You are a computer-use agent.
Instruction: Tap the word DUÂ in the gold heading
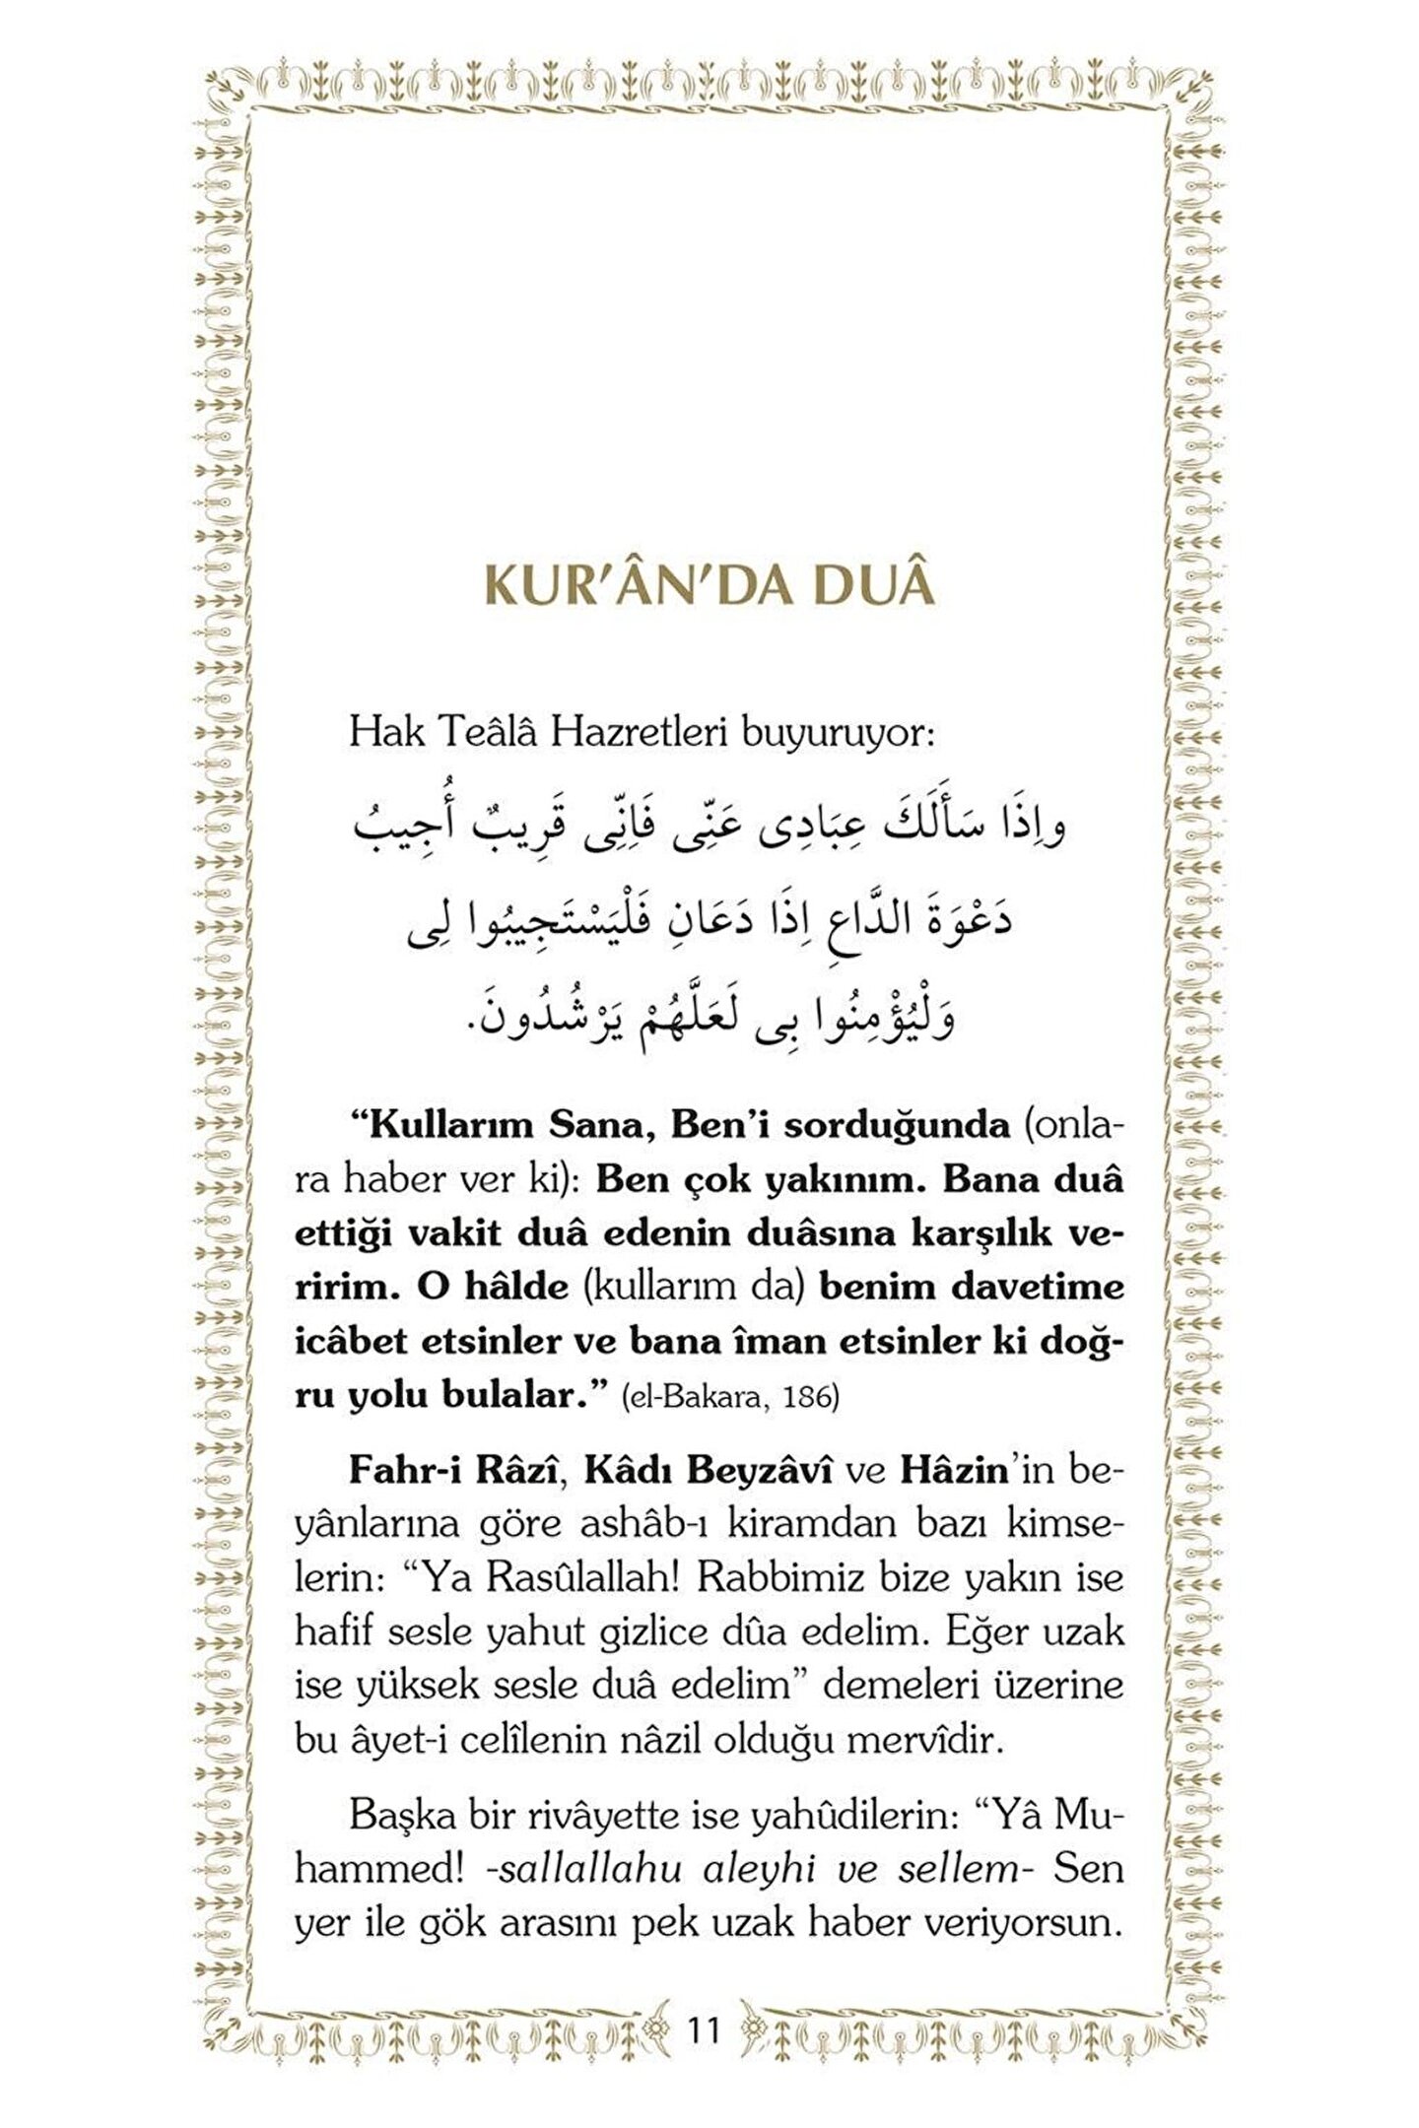pos(873,585)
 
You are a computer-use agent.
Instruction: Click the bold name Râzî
pos(517,1471)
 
